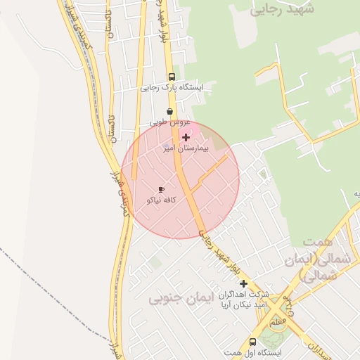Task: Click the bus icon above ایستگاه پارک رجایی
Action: point(172,77)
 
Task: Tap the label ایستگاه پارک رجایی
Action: point(172,89)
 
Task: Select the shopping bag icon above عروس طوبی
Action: point(169,111)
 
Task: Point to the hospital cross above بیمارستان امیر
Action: point(186,137)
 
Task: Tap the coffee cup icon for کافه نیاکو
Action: point(161,189)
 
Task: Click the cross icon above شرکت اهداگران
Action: point(244,283)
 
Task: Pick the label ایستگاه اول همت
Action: point(250,352)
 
